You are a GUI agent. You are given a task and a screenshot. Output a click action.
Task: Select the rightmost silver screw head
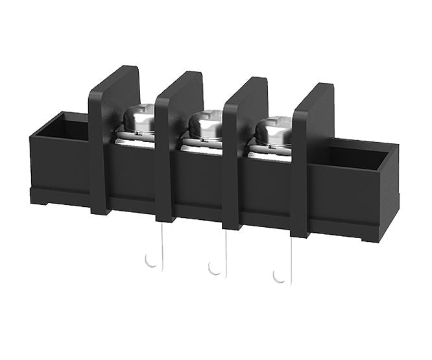[x=272, y=128]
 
